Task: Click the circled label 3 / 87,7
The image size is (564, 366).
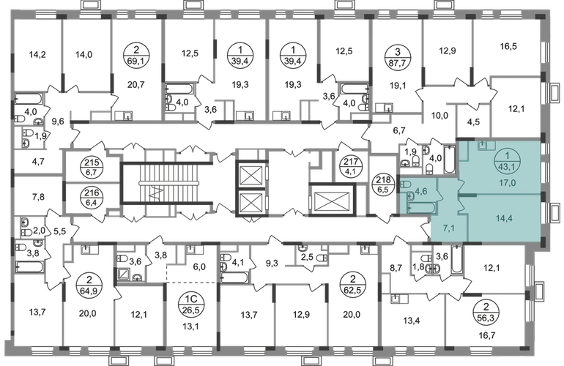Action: point(397,56)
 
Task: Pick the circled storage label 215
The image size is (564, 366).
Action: point(92,168)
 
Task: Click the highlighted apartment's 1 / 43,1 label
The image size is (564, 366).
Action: point(507,161)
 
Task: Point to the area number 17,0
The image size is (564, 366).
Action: point(507,183)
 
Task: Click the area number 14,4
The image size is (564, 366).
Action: point(504,218)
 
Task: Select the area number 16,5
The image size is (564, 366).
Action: point(508,46)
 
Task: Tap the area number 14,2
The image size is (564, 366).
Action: point(38,55)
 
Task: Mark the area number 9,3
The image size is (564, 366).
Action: point(272,264)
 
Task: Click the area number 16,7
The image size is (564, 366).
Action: point(487,335)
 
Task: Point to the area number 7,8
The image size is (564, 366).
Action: point(38,197)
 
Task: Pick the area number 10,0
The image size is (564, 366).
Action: point(439,116)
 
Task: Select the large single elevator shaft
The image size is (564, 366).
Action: point(332,201)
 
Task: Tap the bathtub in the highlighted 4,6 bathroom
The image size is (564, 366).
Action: point(421,208)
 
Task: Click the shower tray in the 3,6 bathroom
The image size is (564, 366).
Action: point(125,274)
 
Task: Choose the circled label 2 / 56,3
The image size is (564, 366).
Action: point(486,313)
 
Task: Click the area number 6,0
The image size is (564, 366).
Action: point(199,266)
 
